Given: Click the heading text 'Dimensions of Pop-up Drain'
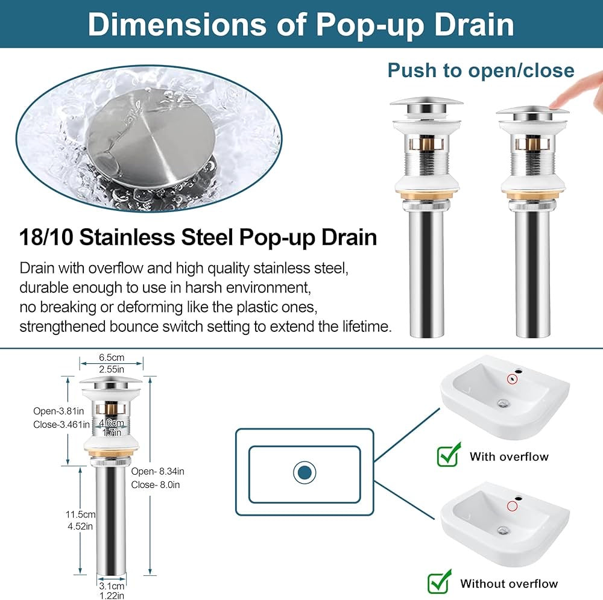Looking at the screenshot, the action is click(x=301, y=24).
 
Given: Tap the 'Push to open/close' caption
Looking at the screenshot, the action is click(x=481, y=70).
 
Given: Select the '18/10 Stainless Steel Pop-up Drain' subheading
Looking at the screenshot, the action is click(x=198, y=237).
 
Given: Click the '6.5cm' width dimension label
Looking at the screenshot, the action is click(x=112, y=357).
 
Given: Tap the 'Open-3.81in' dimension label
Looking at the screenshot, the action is click(x=58, y=411).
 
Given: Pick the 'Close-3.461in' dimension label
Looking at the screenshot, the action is click(x=61, y=425).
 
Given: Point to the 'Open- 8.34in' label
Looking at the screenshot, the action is click(x=157, y=471).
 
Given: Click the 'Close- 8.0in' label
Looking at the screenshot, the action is click(x=156, y=485).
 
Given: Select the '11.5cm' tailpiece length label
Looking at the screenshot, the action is click(x=80, y=514).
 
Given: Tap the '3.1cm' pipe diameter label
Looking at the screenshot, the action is click(x=112, y=586).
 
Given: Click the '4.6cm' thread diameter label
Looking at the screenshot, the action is click(x=112, y=423).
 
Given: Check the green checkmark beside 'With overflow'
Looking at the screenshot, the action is click(x=449, y=454).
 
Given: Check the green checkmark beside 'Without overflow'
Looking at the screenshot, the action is click(x=440, y=581).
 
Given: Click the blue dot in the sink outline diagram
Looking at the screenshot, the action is click(x=304, y=472).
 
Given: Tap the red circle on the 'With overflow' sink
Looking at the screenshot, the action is click(x=512, y=379).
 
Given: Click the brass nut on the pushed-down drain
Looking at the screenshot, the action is click(x=532, y=196).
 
